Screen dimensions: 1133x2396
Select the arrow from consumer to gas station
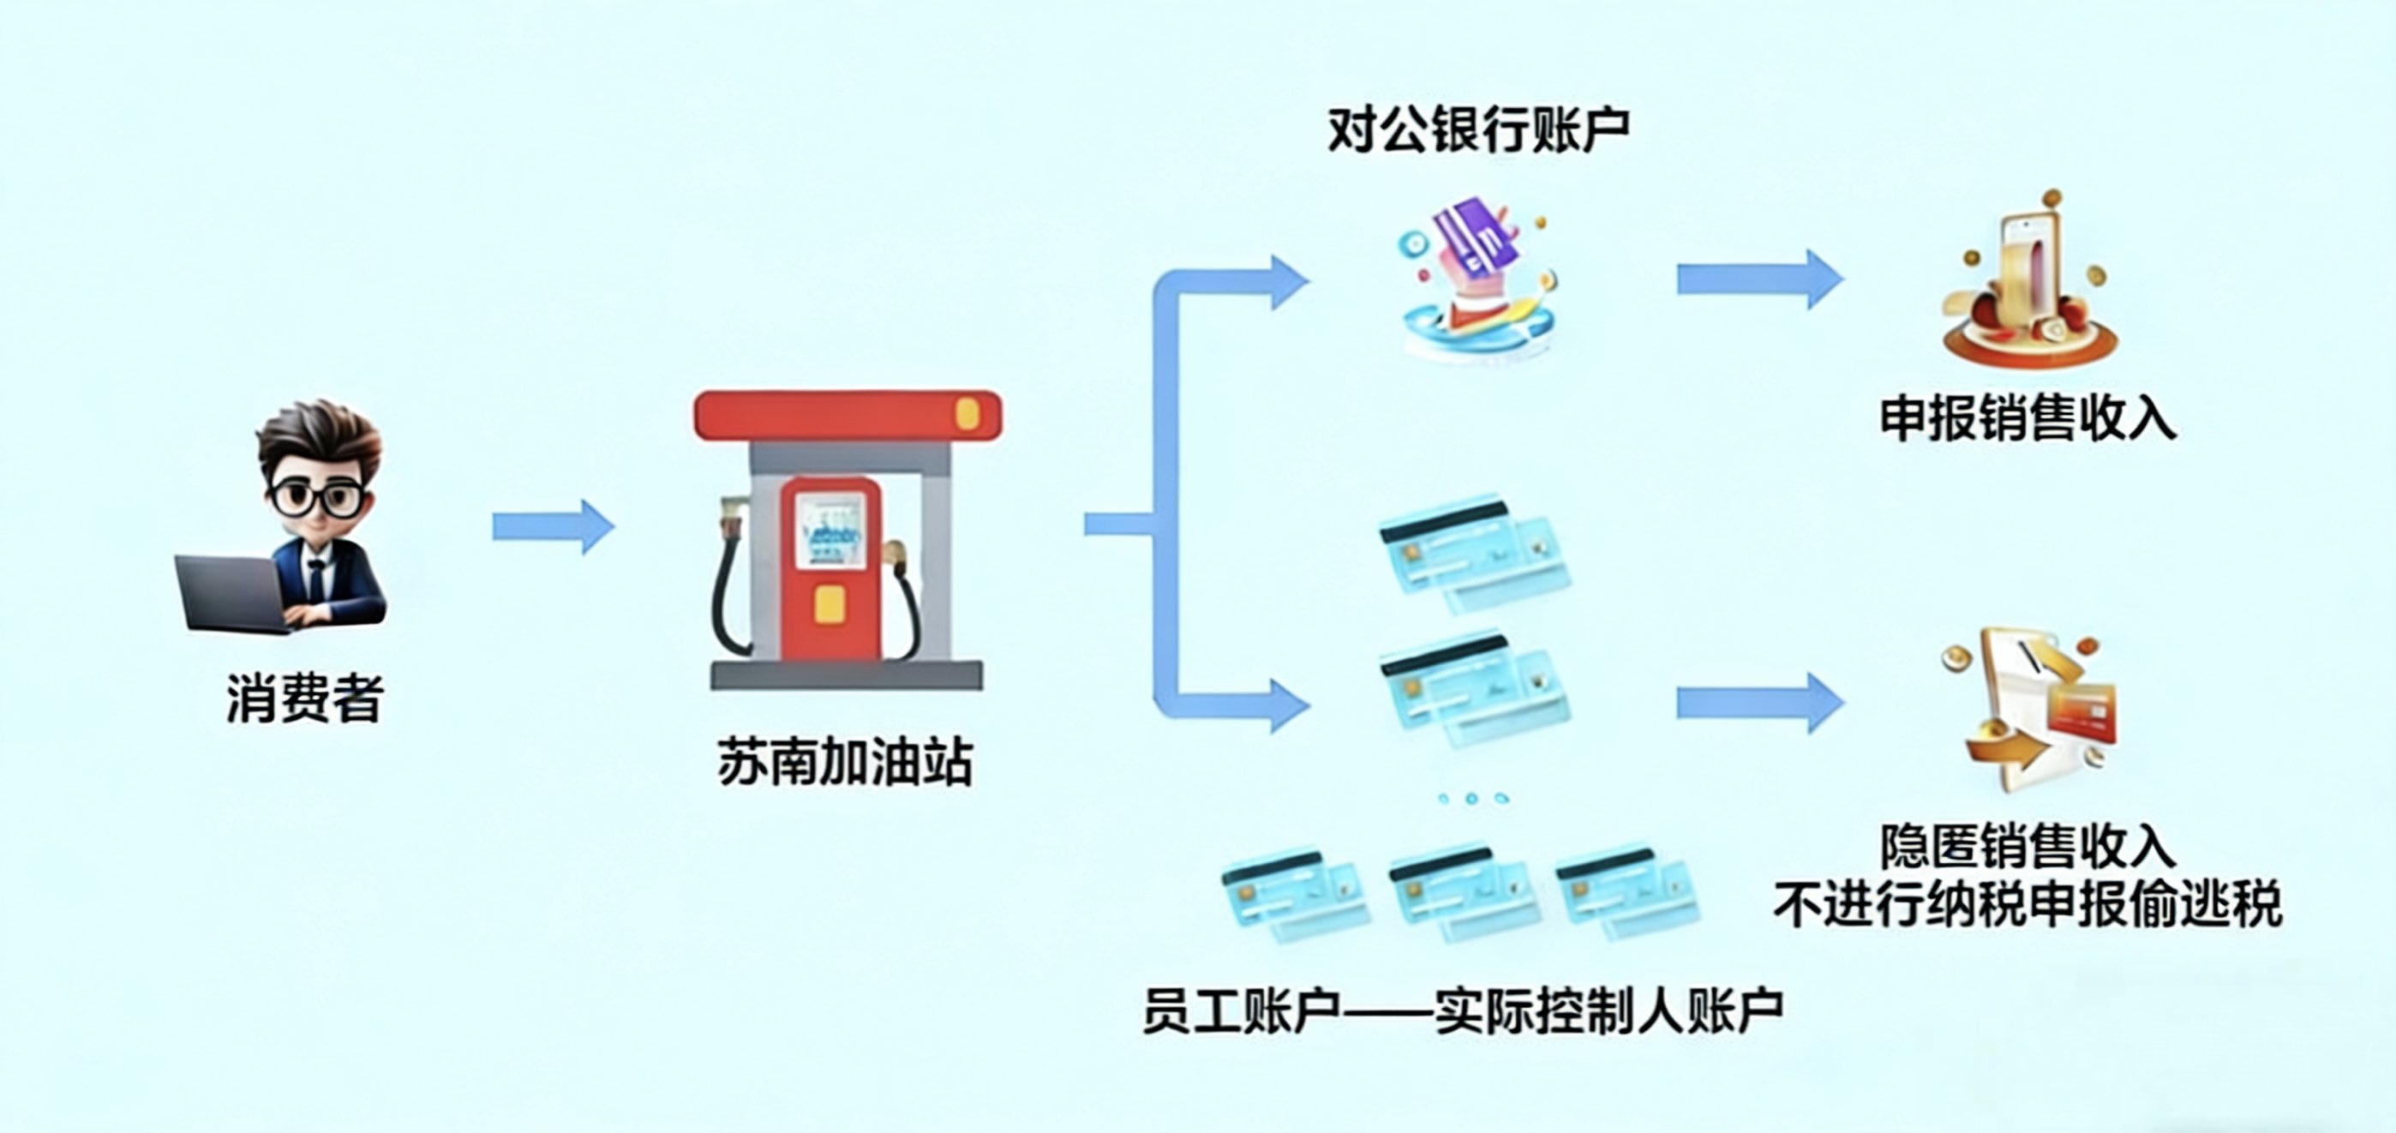pos(553,526)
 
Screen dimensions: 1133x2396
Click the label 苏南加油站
pos(845,763)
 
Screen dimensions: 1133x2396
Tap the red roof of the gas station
pos(847,415)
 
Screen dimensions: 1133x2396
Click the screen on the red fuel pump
pos(830,531)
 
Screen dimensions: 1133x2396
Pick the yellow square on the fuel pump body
pos(829,605)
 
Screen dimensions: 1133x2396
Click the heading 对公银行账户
pos(1478,130)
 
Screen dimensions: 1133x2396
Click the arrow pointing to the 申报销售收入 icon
pos(1758,279)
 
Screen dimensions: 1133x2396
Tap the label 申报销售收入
pos(2028,418)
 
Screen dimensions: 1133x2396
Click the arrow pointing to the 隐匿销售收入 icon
pos(1758,704)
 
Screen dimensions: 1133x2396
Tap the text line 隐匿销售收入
pos(2028,846)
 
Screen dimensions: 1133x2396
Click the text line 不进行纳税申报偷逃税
pos(2028,905)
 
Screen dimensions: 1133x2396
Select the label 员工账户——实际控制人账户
pos(1462,1010)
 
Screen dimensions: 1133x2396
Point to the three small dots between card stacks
pos(1471,798)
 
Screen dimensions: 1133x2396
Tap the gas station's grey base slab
pos(847,675)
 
